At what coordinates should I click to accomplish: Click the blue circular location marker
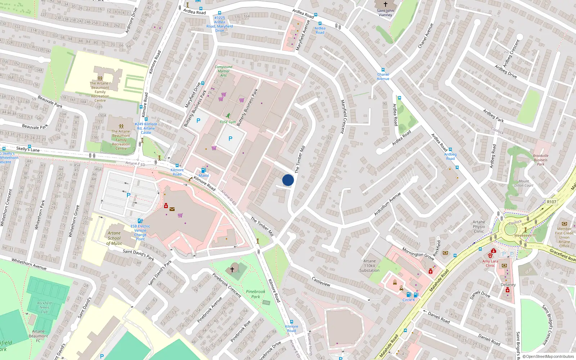(x=288, y=180)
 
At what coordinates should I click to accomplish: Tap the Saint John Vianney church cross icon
(x=385, y=4)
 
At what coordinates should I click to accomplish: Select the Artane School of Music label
(x=114, y=238)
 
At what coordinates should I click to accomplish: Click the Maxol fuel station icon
(x=203, y=170)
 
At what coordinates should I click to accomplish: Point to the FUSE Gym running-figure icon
(x=228, y=116)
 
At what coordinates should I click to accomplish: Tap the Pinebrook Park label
(x=256, y=294)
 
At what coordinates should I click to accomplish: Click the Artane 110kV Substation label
(x=369, y=266)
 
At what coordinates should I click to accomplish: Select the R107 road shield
(x=551, y=202)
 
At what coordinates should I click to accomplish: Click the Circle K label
(x=409, y=300)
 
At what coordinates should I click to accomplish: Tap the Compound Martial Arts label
(x=224, y=71)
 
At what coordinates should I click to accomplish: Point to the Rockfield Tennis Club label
(x=44, y=307)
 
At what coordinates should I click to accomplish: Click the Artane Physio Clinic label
(x=479, y=227)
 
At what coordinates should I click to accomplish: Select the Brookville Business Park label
(x=540, y=160)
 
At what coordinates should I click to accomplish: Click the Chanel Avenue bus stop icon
(x=383, y=70)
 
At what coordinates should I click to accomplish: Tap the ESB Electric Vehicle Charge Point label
(x=140, y=233)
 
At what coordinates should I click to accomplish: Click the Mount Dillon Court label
(x=524, y=184)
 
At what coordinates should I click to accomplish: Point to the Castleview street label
(x=321, y=282)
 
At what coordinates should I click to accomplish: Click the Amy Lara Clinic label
(x=490, y=263)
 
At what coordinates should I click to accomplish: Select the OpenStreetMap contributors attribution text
(x=550, y=356)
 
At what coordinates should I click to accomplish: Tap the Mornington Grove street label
(x=418, y=253)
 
